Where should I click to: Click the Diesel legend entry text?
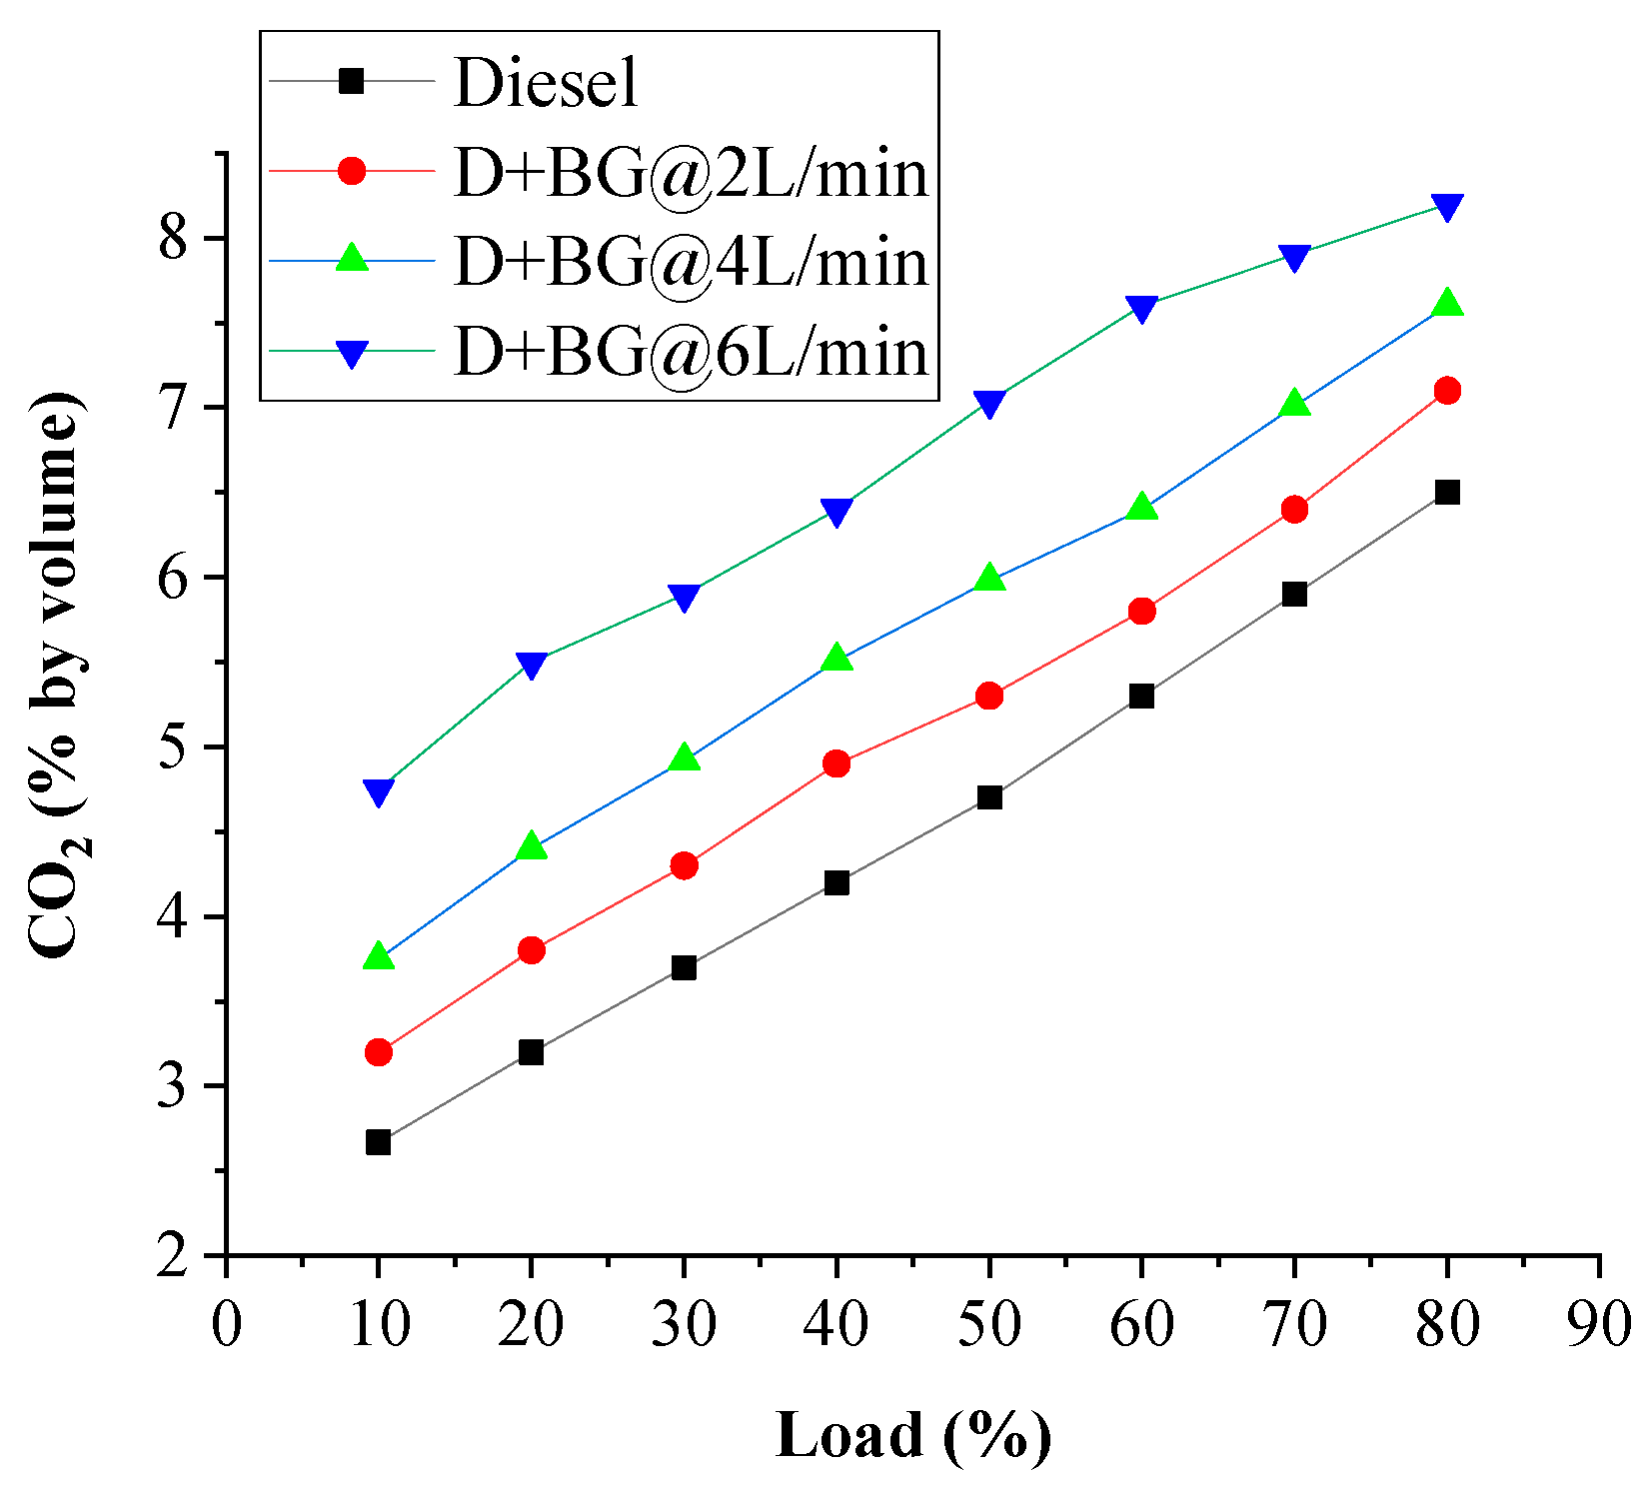tap(545, 82)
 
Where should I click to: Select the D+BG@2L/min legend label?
tap(691, 172)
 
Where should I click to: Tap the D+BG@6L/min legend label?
tap(691, 352)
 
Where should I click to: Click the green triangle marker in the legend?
tap(352, 259)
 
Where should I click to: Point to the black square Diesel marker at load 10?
tap(378, 1142)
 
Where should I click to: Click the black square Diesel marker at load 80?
tap(1446, 492)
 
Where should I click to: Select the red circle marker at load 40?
tap(836, 763)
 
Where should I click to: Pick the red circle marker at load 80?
tap(1446, 390)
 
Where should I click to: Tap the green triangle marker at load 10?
tap(378, 955)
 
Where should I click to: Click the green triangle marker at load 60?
tap(1141, 507)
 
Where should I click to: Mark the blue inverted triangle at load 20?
tap(531, 666)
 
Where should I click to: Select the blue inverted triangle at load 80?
tap(1446, 208)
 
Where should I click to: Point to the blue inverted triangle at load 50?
tap(989, 404)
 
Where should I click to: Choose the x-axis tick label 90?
tap(1599, 1325)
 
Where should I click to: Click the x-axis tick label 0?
tap(227, 1325)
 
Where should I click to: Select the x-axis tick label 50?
tap(988, 1325)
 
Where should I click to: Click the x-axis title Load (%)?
tap(912, 1435)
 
